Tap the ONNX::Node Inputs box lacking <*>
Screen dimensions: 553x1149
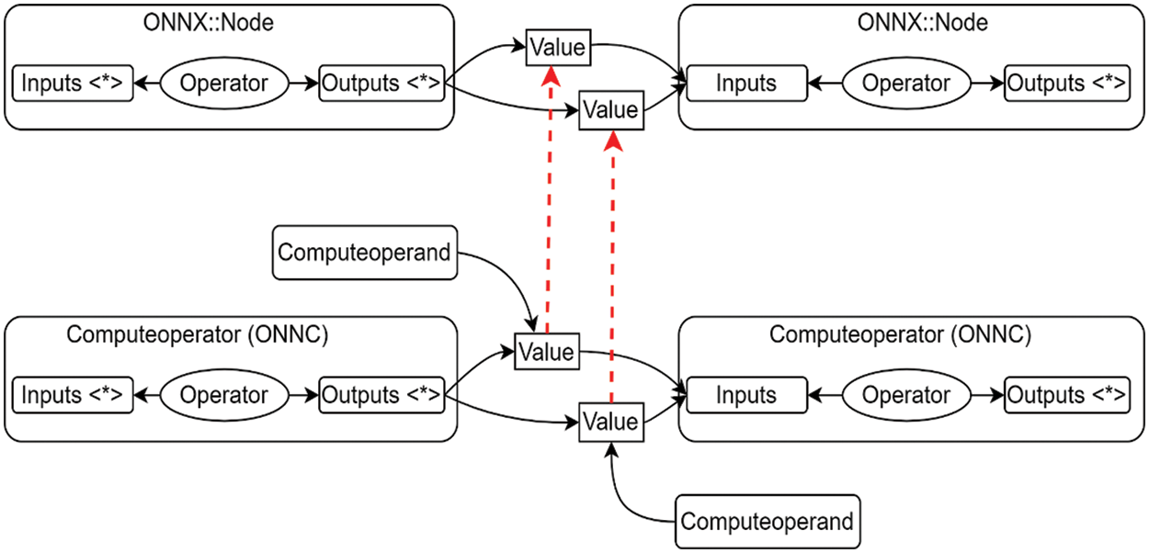point(746,84)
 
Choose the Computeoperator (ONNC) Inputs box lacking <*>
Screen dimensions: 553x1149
point(746,395)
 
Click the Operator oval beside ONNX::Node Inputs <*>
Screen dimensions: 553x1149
point(224,84)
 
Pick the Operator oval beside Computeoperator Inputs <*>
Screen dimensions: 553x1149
point(224,395)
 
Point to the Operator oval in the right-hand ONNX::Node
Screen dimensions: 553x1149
point(906,84)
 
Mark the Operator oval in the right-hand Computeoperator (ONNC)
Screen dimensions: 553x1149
point(906,395)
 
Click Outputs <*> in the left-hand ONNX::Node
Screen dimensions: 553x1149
point(381,84)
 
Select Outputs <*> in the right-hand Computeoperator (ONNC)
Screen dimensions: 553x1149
point(1066,395)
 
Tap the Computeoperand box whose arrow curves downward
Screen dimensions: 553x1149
point(365,252)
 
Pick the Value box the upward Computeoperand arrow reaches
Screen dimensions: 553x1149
point(609,422)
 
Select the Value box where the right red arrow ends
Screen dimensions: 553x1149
point(609,110)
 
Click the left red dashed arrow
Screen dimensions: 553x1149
point(548,202)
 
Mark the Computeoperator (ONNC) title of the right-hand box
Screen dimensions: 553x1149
point(901,334)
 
